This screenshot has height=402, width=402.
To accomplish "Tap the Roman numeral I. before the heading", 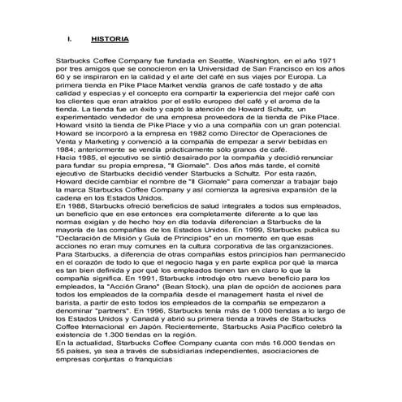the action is point(71,38).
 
